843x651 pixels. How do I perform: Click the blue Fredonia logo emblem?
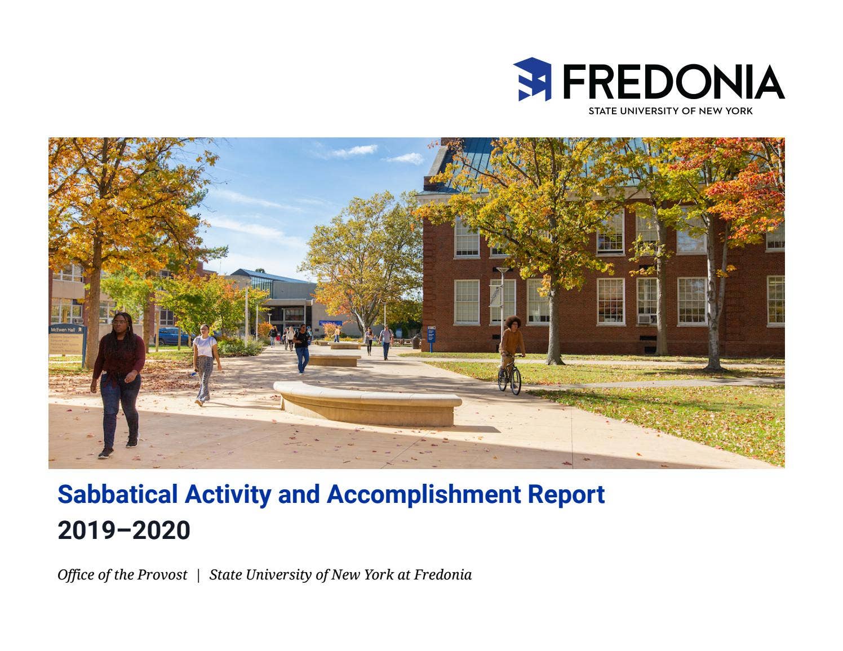click(533, 79)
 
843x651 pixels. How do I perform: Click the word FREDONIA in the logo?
click(673, 82)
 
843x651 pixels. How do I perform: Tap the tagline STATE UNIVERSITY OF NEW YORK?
click(670, 111)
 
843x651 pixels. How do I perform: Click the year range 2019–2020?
click(124, 530)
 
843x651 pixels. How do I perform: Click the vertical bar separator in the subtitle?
click(198, 575)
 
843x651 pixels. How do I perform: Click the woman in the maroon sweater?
click(118, 383)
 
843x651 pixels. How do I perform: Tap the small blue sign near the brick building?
click(431, 335)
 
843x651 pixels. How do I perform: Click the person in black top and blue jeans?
click(302, 349)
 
